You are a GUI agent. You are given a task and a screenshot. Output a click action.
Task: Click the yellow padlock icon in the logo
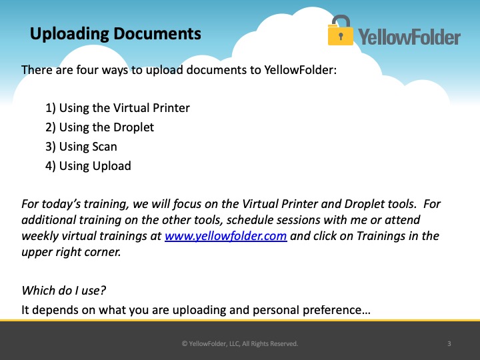pos(340,31)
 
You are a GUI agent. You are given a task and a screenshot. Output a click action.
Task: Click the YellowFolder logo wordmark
pos(409,37)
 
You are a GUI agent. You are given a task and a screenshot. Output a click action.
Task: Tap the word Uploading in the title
pos(69,34)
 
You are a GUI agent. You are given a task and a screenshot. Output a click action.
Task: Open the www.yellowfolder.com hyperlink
pos(225,236)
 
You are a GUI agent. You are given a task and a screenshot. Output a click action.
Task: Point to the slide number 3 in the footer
pos(449,343)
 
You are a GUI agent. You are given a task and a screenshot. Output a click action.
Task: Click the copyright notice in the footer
pos(240,343)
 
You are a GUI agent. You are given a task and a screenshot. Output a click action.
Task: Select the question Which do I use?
pos(64,291)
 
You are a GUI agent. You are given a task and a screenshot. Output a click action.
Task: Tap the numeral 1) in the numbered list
pos(51,108)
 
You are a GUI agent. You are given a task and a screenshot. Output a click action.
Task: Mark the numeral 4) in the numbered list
pos(51,166)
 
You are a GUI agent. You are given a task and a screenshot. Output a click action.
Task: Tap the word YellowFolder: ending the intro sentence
pos(300,70)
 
